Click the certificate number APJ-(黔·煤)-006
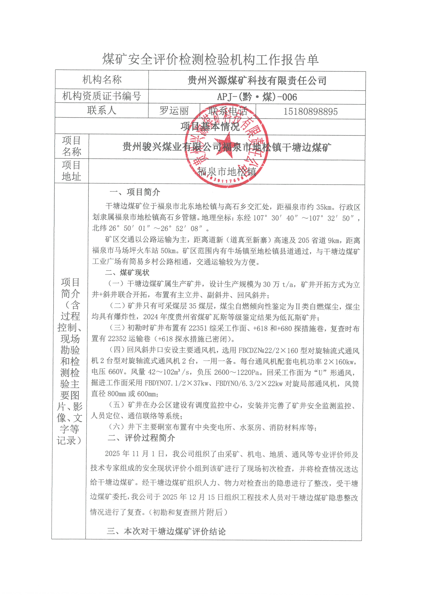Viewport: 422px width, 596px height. point(257,97)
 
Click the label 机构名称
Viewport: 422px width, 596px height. point(102,80)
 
